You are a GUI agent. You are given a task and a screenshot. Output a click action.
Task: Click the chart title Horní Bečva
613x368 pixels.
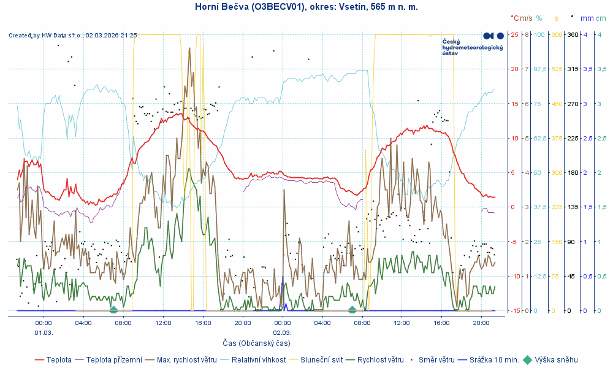(x=306, y=7)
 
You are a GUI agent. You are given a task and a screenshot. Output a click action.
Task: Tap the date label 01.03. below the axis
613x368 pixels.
(x=44, y=332)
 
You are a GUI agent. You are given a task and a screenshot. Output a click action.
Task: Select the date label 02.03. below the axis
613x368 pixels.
(x=282, y=332)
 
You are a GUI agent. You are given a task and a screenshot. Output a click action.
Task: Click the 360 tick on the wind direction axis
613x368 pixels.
(x=573, y=34)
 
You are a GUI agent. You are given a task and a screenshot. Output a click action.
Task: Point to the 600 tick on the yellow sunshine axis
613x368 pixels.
(x=556, y=34)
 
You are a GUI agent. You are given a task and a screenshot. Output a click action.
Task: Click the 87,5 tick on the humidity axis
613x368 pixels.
(x=539, y=69)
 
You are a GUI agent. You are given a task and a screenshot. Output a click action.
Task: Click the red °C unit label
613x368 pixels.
(x=514, y=18)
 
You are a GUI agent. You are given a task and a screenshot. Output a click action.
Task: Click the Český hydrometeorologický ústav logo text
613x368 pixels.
(x=472, y=47)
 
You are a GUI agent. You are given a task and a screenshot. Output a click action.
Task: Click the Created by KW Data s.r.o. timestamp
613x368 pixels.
(x=73, y=36)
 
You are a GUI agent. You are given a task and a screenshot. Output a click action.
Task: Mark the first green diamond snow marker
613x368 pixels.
(x=113, y=310)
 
